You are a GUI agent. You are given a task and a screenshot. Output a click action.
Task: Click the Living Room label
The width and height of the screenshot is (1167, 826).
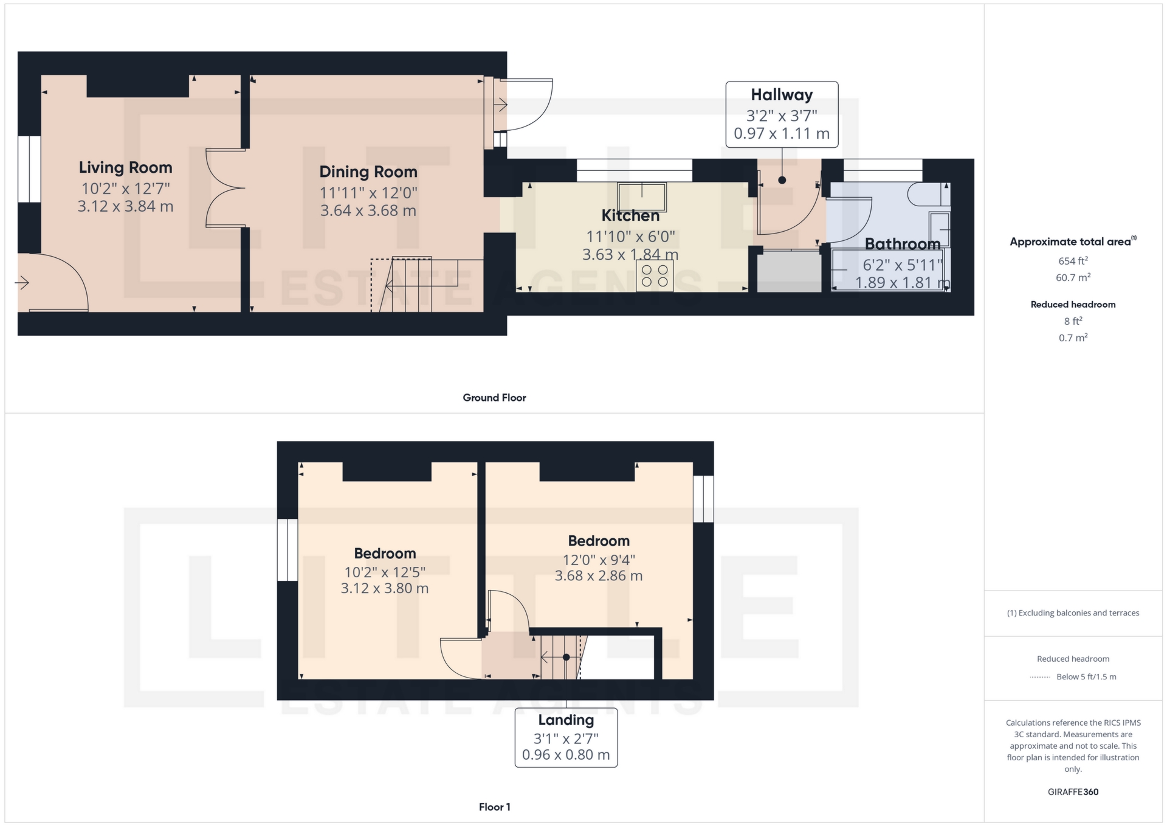click(126, 167)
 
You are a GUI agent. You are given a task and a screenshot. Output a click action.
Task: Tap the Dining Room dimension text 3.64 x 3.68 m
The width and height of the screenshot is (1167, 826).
click(368, 210)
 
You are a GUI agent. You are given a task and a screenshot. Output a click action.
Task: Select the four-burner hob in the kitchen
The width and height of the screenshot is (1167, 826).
click(655, 276)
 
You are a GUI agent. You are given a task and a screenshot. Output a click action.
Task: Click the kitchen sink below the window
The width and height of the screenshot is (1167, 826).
click(642, 196)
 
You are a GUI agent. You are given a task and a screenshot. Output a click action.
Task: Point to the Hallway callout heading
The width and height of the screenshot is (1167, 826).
click(782, 95)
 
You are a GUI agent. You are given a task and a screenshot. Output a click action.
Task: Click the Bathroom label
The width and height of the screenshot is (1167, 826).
click(903, 244)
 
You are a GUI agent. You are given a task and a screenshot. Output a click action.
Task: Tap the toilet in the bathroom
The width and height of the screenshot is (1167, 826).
click(928, 194)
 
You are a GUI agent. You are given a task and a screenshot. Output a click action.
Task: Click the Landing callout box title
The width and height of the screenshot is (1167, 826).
click(566, 720)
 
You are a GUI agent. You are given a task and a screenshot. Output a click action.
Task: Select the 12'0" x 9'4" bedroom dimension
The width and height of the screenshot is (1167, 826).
click(599, 560)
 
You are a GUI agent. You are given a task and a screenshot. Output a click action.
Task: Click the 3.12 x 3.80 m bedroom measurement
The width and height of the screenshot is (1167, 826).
click(385, 588)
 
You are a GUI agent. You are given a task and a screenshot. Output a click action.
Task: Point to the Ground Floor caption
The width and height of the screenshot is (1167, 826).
click(494, 398)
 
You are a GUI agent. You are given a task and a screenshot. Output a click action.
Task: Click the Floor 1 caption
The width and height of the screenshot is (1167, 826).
click(494, 807)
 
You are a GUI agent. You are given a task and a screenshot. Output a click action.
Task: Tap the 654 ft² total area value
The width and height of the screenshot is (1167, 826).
click(1073, 261)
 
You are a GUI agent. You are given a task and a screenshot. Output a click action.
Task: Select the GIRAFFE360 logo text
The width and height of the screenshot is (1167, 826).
click(1073, 792)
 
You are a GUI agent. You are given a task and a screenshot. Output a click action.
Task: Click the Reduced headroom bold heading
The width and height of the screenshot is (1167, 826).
click(1073, 305)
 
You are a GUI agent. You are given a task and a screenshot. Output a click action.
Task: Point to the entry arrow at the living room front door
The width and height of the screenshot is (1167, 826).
click(22, 283)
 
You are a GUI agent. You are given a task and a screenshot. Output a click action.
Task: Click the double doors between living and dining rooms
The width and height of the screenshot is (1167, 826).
click(225, 188)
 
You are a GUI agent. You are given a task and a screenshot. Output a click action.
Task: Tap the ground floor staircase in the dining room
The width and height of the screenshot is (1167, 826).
click(427, 285)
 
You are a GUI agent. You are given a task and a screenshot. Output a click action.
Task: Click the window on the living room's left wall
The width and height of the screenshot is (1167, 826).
click(29, 169)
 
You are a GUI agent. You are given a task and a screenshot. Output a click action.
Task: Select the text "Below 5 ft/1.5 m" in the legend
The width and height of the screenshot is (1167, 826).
click(1086, 677)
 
